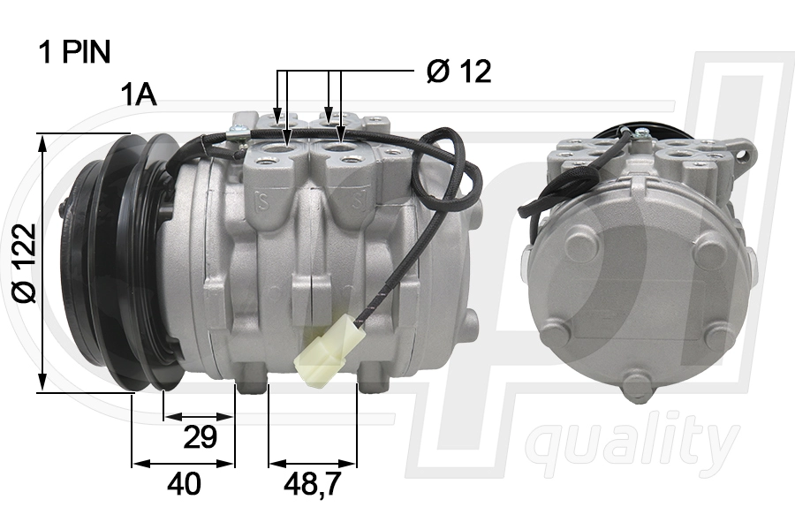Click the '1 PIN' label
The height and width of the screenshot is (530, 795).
[x=74, y=52]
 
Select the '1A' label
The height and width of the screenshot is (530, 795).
[x=139, y=95]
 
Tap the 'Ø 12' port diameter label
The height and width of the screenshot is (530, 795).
[x=458, y=71]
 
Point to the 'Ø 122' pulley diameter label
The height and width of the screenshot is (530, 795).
[x=25, y=262]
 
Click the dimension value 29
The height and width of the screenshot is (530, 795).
[x=200, y=436]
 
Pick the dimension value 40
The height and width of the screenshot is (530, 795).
[x=184, y=483]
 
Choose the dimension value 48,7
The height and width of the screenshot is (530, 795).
[x=312, y=483]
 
